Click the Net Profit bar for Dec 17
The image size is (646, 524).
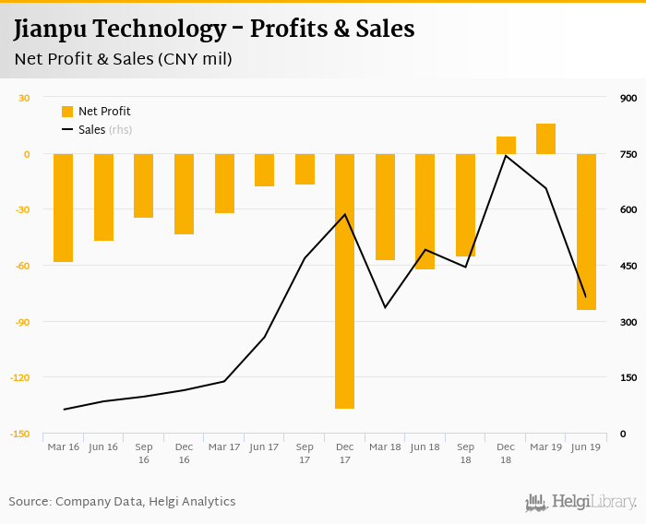click(x=344, y=280)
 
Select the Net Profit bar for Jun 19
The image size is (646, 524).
click(x=586, y=232)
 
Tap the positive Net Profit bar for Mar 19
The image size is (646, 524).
click(x=545, y=138)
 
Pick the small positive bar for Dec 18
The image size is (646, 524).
click(x=506, y=145)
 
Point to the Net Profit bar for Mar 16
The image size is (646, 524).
click(x=63, y=208)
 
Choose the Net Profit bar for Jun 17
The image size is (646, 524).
click(x=264, y=170)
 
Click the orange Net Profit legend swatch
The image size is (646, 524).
click(x=67, y=112)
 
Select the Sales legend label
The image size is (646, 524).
click(x=91, y=130)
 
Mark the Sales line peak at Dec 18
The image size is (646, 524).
click(x=506, y=156)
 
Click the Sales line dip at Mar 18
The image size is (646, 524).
click(x=385, y=306)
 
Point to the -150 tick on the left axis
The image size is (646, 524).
click(x=20, y=434)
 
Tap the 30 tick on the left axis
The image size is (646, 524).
click(x=25, y=98)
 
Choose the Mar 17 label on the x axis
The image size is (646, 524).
click(x=224, y=447)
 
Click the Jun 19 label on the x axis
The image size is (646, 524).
click(x=586, y=447)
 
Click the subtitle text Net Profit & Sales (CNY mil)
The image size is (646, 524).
click(x=123, y=59)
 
